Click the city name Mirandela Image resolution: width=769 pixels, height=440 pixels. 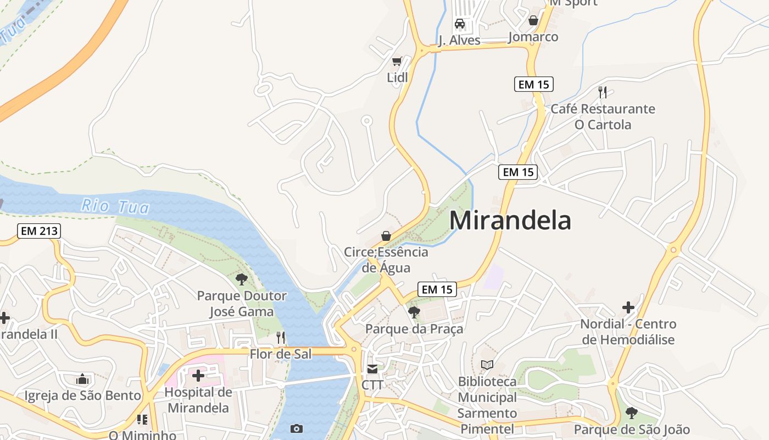510,221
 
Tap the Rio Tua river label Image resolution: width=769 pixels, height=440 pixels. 115,206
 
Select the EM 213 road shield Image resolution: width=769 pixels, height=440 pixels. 38,231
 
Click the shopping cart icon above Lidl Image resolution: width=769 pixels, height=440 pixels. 397,61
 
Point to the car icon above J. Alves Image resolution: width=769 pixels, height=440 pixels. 460,24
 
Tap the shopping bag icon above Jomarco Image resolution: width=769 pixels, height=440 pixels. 533,21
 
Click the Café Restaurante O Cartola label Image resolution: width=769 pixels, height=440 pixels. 603,117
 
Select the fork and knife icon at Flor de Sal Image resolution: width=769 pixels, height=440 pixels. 281,337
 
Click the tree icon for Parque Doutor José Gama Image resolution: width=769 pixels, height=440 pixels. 241,279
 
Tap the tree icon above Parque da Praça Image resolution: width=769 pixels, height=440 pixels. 414,312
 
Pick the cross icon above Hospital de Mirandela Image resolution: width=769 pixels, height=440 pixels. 198,376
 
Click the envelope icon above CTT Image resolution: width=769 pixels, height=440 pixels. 372,369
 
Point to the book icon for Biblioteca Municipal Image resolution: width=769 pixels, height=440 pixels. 487,365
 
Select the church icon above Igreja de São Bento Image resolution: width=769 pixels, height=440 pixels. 82,379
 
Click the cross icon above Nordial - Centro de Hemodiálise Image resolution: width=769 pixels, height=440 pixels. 628,307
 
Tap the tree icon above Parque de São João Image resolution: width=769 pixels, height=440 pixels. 632,413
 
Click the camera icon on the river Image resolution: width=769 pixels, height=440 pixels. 297,428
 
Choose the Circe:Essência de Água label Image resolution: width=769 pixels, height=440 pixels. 386,260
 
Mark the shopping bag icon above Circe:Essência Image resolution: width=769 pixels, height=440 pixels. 386,236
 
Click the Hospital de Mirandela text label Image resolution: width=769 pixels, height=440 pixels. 198,400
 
